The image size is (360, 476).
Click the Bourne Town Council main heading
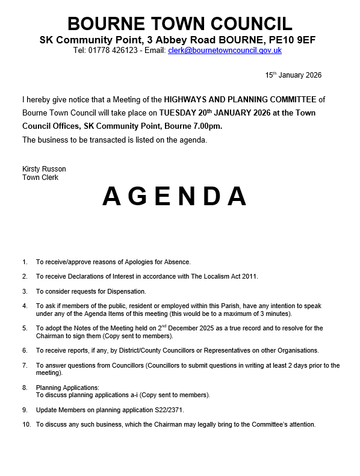tap(180, 23)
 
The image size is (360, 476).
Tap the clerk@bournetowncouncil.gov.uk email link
tap(225, 51)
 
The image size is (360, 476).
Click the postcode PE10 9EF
tap(294, 40)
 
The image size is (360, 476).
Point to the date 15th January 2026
tap(293, 75)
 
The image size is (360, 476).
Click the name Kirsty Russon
tap(44, 169)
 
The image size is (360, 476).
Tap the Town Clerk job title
tap(40, 178)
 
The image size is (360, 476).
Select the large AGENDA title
tap(175, 196)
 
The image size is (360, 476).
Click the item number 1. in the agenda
tap(25, 262)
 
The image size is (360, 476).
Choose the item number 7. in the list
tap(25, 365)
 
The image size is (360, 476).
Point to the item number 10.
tap(26, 424)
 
